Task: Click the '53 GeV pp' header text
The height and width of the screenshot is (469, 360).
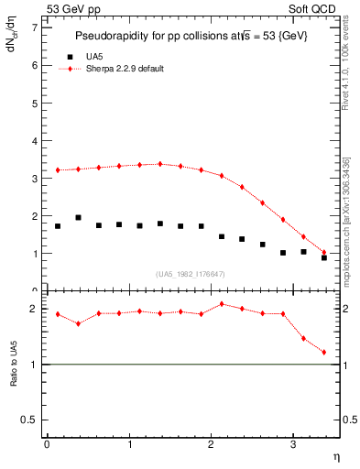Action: click(x=73, y=8)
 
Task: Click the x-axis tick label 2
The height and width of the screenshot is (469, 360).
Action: click(x=211, y=444)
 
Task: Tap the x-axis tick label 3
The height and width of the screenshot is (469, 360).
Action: click(x=292, y=444)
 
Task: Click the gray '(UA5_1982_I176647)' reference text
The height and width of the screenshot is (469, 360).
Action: click(x=191, y=274)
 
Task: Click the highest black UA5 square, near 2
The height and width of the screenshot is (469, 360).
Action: click(x=78, y=218)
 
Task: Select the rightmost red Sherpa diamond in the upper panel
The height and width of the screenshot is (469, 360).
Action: click(x=324, y=252)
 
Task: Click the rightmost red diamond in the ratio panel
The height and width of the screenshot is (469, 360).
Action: click(x=324, y=352)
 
